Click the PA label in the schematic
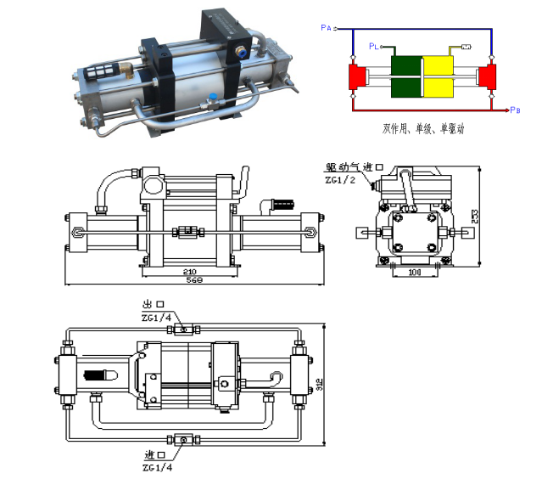coord(327,28)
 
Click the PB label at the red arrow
coord(516,111)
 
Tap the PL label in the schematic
coord(373,46)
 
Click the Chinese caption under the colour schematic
coord(423,130)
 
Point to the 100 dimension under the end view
coord(415,273)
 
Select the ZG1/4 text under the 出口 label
coord(158,316)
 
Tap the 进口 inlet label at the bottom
coord(155,455)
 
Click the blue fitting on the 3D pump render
coord(212,96)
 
